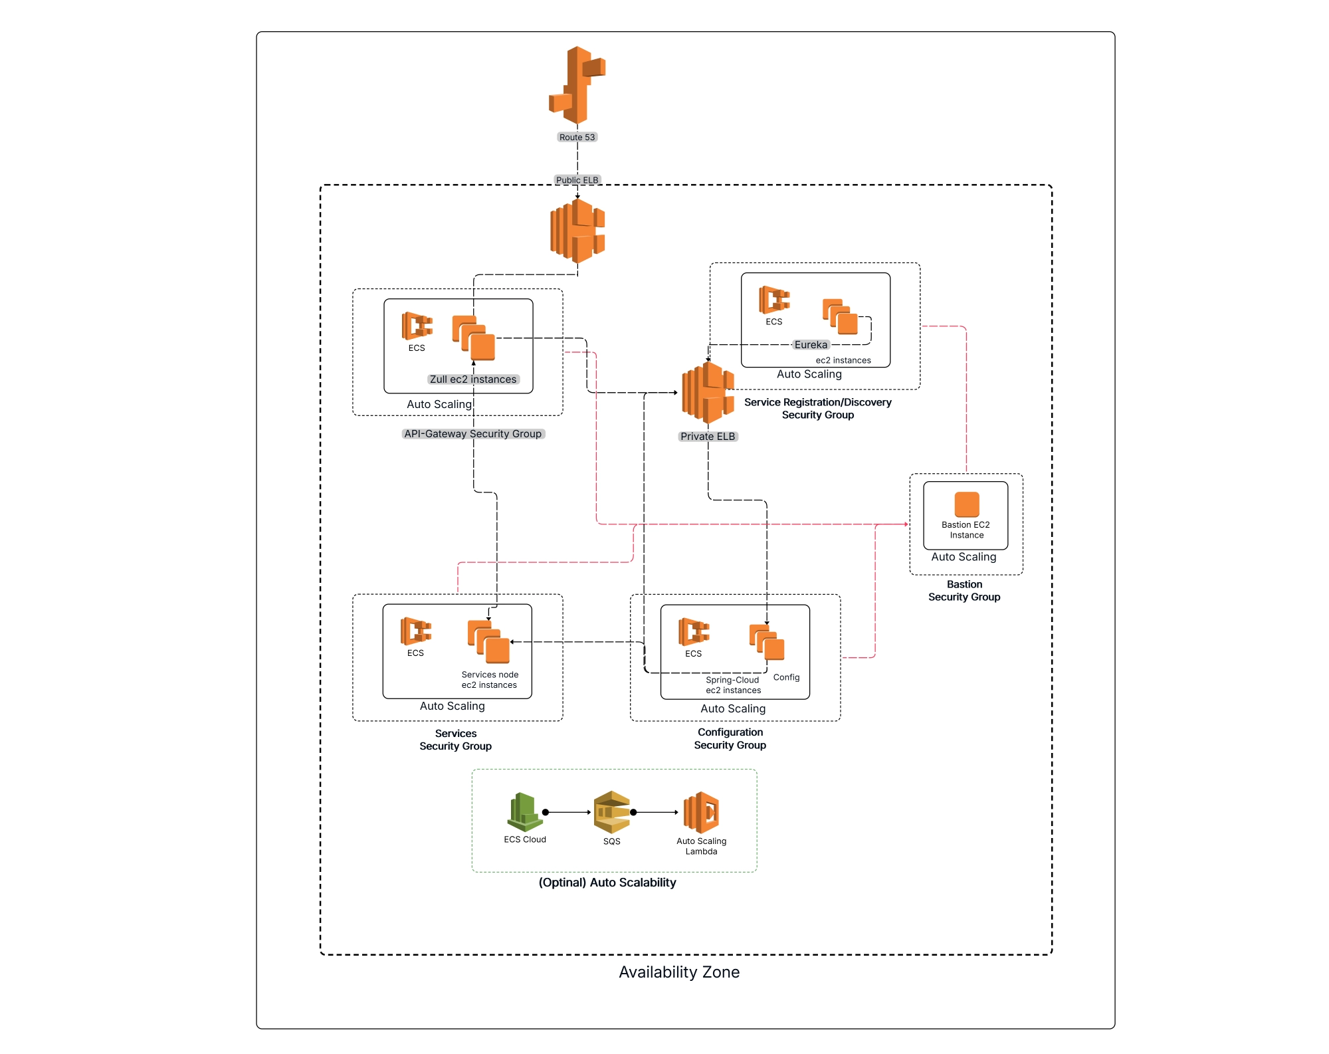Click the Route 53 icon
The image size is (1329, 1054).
click(577, 85)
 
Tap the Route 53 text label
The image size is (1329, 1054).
click(577, 138)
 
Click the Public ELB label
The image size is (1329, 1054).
click(577, 180)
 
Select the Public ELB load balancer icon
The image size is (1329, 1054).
click(577, 231)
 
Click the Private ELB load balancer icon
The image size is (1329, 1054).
click(708, 393)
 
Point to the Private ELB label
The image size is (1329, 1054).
click(708, 437)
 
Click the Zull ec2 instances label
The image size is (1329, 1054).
click(473, 379)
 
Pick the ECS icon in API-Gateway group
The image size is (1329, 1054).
click(417, 326)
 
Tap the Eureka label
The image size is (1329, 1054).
click(811, 345)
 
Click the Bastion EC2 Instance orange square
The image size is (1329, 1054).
click(967, 504)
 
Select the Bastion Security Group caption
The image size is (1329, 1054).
click(964, 591)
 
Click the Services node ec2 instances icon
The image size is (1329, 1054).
click(488, 642)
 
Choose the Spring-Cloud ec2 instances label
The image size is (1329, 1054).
click(733, 685)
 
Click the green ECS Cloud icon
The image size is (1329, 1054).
click(525, 812)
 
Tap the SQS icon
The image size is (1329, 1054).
click(611, 812)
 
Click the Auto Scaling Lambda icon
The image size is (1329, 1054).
click(702, 812)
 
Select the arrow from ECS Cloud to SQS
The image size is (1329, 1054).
click(568, 812)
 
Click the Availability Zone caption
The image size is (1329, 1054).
click(678, 972)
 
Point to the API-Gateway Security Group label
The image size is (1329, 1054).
click(473, 434)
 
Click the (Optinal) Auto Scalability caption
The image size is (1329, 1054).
click(607, 883)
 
